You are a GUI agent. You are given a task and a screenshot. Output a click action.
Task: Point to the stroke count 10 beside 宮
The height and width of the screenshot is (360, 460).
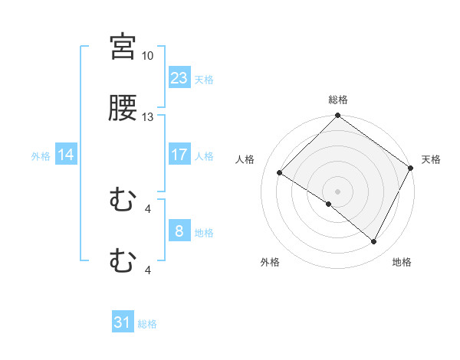click(x=147, y=56)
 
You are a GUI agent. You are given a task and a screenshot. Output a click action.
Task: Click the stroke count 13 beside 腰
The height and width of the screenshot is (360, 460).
click(x=147, y=117)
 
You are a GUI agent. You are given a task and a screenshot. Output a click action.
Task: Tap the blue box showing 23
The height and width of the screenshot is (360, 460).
click(x=179, y=78)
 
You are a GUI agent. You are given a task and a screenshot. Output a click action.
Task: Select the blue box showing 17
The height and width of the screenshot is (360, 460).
click(x=179, y=155)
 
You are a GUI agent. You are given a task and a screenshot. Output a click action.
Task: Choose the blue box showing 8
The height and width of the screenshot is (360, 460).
click(x=179, y=231)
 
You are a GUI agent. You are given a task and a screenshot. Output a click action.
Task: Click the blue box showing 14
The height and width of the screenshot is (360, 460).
click(x=66, y=155)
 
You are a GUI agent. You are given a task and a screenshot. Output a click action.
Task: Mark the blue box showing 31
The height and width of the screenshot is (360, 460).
click(x=123, y=322)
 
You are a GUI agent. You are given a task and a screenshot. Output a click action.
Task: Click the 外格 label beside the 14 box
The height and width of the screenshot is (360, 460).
click(x=41, y=155)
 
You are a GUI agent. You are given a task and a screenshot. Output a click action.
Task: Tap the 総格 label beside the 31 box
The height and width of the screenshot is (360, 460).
click(x=147, y=324)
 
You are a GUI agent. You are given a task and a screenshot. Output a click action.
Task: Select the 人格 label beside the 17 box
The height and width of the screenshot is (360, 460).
click(x=204, y=155)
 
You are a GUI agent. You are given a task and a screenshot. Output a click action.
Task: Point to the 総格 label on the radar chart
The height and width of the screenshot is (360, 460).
click(x=338, y=100)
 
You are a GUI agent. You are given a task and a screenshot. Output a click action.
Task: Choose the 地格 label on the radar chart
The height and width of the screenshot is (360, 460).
click(x=402, y=263)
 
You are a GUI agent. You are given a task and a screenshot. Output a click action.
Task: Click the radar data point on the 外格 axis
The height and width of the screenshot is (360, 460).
click(x=329, y=205)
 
